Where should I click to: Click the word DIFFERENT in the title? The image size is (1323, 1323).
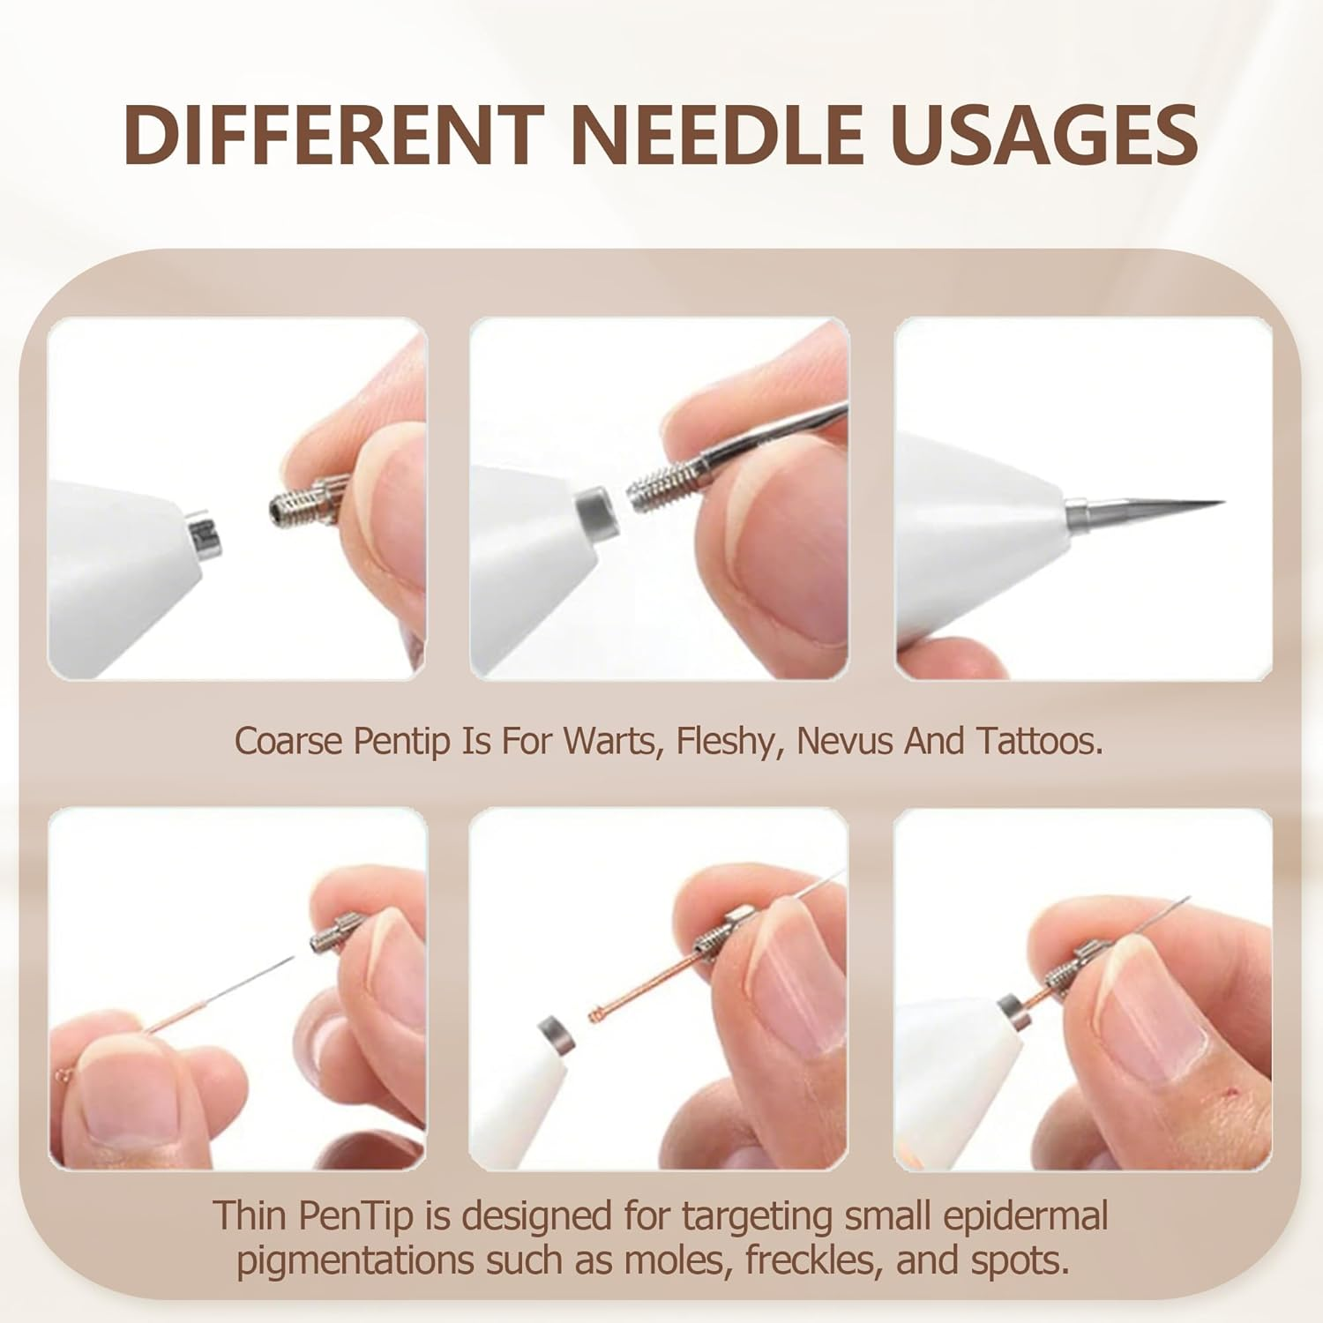click(331, 134)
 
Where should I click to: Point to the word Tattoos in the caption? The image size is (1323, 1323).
click(1039, 742)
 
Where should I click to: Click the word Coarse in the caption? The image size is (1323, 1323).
click(288, 742)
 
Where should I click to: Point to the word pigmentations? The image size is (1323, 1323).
click(356, 1260)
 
